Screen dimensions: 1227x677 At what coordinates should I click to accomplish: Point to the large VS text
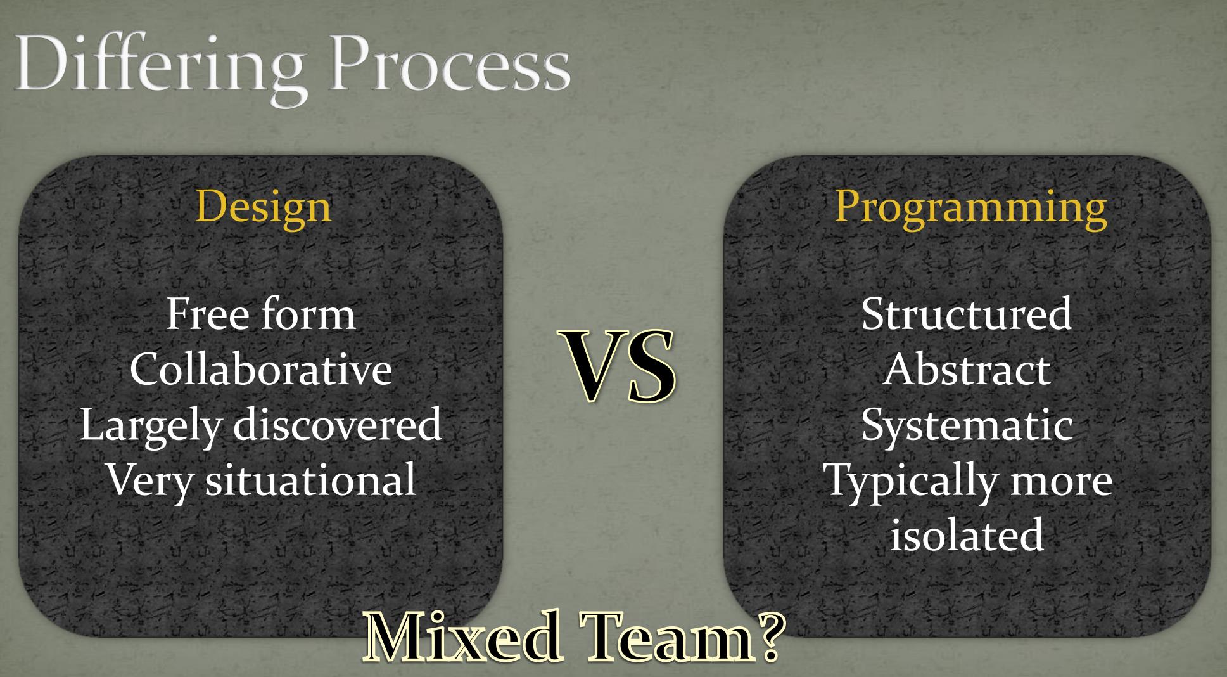coord(617,366)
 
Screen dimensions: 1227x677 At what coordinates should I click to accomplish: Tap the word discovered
coord(337,423)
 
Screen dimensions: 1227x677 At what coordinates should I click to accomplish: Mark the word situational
coord(310,479)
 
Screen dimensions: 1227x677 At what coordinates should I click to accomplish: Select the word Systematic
coord(967,425)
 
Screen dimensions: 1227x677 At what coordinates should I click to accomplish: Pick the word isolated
coord(967,534)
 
